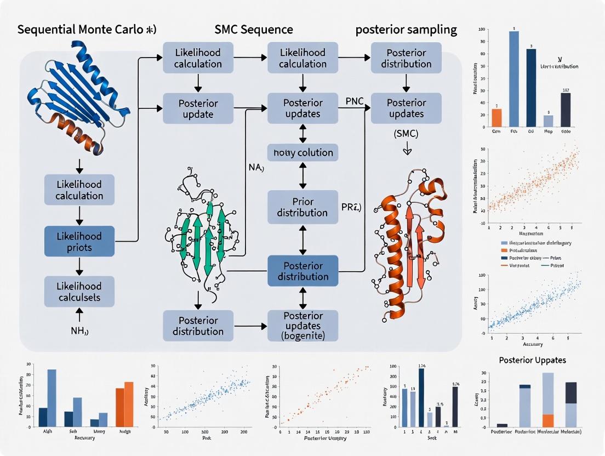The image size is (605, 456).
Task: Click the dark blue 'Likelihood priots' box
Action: pyautogui.click(x=79, y=241)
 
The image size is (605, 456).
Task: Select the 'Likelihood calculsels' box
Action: pyautogui.click(x=79, y=292)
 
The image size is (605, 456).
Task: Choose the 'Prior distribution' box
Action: pyautogui.click(x=302, y=207)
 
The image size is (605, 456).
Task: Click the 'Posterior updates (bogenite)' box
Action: pyautogui.click(x=302, y=326)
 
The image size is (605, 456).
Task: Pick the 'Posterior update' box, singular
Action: pyautogui.click(x=198, y=109)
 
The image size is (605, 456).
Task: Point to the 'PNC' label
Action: pyautogui.click(x=355, y=101)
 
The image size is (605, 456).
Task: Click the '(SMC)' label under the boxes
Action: pyautogui.click(x=406, y=133)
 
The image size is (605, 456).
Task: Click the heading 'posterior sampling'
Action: pyautogui.click(x=406, y=30)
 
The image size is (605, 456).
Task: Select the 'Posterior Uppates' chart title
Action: pyautogui.click(x=533, y=360)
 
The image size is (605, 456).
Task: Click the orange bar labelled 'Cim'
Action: pyautogui.click(x=496, y=117)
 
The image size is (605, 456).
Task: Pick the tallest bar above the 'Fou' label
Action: pyautogui.click(x=514, y=78)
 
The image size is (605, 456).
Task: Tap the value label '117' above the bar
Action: pyautogui.click(x=566, y=90)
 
